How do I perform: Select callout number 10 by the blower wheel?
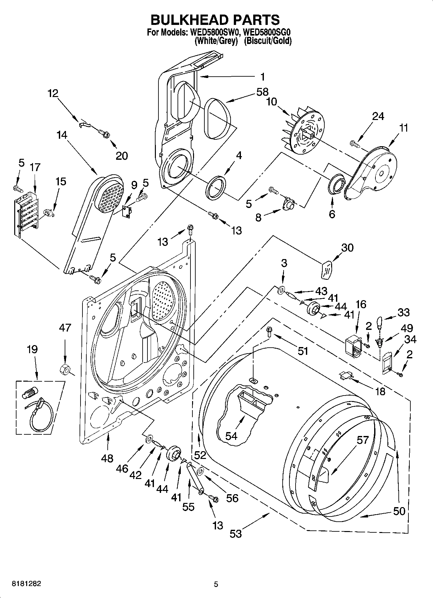272,102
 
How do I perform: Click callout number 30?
347,247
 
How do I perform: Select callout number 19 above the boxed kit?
32,349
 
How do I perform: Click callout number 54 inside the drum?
231,436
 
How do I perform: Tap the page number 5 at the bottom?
216,584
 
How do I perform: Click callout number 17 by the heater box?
35,167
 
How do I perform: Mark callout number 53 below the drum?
236,533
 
